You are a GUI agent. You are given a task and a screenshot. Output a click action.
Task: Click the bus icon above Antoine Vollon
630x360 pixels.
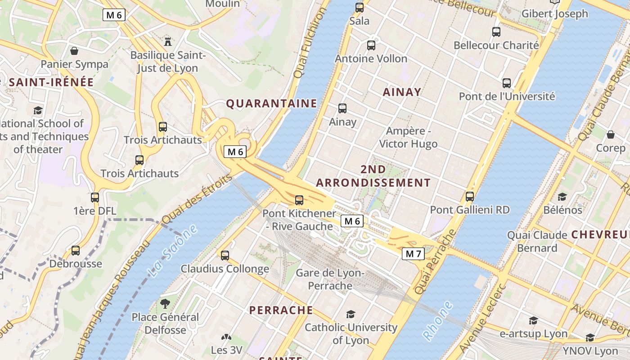371,45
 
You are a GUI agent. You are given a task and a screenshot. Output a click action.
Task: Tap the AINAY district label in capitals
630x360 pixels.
402,92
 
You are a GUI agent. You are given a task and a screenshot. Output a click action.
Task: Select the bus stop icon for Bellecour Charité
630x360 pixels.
496,32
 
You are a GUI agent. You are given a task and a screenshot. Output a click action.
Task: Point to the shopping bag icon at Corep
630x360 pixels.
611,135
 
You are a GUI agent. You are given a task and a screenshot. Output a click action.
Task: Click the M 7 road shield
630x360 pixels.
413,254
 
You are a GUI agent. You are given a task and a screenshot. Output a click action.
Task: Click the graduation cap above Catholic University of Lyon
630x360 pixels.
351,314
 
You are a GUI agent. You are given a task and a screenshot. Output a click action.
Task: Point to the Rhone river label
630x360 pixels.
437,320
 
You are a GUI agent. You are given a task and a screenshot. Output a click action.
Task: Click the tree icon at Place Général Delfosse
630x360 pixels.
165,304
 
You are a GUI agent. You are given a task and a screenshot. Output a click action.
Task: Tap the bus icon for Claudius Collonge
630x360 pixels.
225,256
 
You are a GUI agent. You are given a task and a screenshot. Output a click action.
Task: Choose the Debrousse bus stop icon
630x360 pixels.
76,251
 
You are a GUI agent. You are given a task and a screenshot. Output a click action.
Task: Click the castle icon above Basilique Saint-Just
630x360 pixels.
168,42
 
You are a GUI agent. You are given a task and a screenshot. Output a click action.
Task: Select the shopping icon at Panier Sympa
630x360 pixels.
74,51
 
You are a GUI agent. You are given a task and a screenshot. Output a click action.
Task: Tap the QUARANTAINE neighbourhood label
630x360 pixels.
271,103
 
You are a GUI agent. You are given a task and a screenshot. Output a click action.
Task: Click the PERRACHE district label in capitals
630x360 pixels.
281,310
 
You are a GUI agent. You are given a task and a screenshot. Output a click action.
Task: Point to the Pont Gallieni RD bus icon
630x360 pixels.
470,197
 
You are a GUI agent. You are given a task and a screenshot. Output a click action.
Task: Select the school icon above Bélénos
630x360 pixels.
562,197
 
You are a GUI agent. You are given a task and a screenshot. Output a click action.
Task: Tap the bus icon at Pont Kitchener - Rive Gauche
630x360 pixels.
299,200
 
